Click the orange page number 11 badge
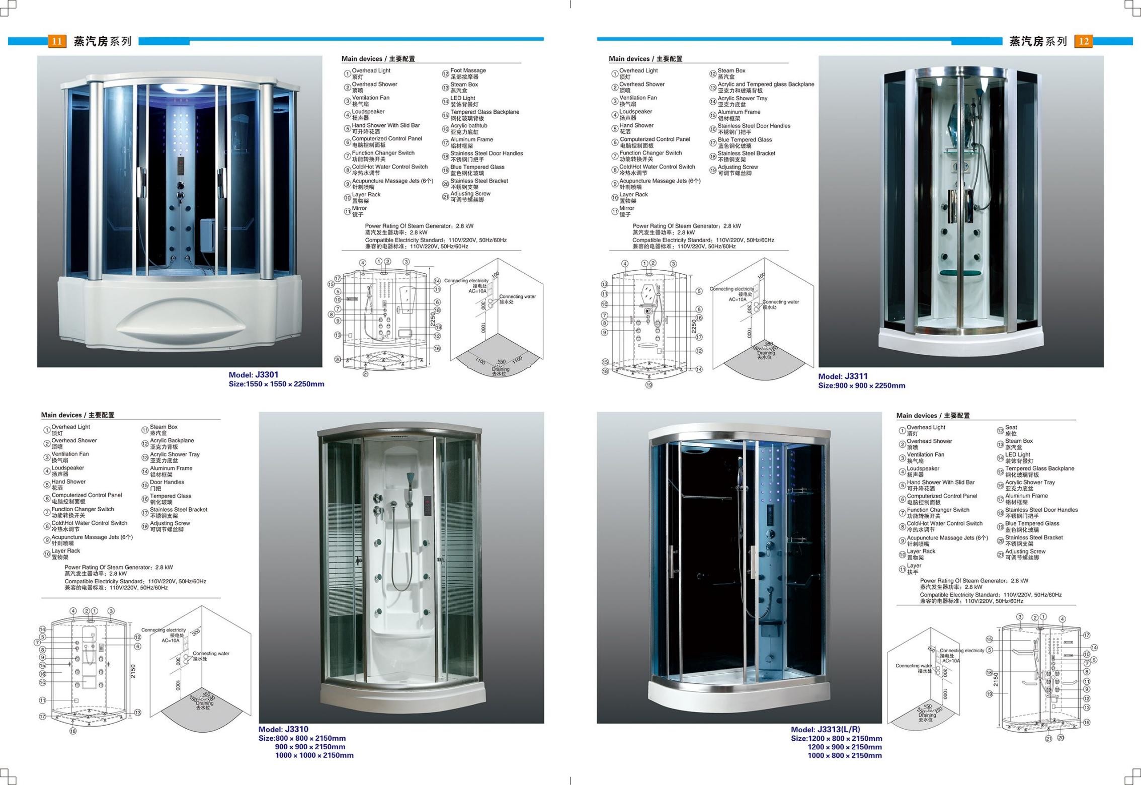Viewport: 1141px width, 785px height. [x=57, y=41]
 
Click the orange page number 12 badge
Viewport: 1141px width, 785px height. [x=1083, y=41]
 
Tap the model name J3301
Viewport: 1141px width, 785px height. [x=266, y=375]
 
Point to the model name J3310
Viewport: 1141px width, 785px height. [x=296, y=729]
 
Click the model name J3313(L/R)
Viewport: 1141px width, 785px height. [x=839, y=730]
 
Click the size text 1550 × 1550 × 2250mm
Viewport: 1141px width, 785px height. [x=285, y=384]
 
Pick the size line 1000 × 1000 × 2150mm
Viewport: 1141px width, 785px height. [x=314, y=755]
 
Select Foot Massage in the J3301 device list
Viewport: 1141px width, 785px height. [x=468, y=71]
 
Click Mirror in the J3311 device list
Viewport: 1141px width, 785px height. [x=626, y=208]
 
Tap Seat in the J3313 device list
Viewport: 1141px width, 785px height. [x=1011, y=427]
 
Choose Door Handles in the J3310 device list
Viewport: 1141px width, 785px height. [x=167, y=482]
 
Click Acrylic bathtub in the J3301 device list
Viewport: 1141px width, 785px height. [x=468, y=126]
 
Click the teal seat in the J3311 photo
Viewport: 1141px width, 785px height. [x=958, y=273]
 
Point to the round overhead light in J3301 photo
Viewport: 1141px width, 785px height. [x=179, y=89]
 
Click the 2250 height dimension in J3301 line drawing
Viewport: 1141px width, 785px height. [x=433, y=320]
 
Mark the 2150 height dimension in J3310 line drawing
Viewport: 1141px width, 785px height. [x=133, y=671]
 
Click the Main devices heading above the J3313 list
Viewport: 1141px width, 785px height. [x=933, y=416]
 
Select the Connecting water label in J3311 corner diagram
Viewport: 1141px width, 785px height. [x=780, y=302]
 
